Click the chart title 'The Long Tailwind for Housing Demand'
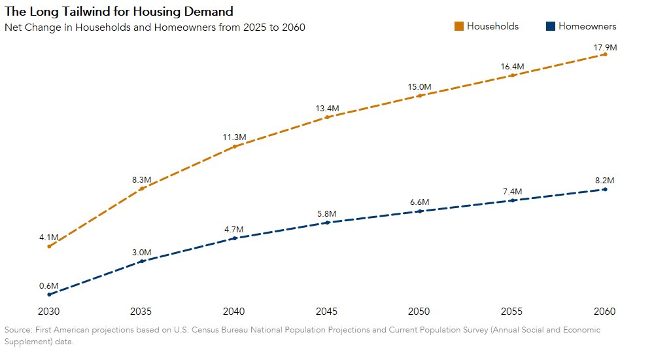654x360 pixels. pos(118,12)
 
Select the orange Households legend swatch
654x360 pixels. pos(459,26)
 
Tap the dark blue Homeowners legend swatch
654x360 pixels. pos(550,26)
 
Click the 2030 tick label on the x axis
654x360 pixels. pos(49,310)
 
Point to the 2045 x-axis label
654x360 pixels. pos(326,310)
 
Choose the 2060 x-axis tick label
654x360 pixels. pos(604,310)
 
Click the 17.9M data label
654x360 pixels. pos(604,48)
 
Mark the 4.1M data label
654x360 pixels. pos(49,237)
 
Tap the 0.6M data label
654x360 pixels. pos(49,286)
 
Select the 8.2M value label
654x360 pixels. pos(604,181)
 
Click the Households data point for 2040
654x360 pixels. pos(234,146)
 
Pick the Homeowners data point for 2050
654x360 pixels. pos(419,211)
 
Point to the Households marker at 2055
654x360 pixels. pos(512,75)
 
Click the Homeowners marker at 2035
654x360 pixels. pos(141,261)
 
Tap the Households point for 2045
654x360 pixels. pos(327,117)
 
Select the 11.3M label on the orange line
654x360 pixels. pos(234,137)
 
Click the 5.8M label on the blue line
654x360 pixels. pos(326,214)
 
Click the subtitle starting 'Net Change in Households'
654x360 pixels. pos(155,27)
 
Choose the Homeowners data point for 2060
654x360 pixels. pos(605,189)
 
